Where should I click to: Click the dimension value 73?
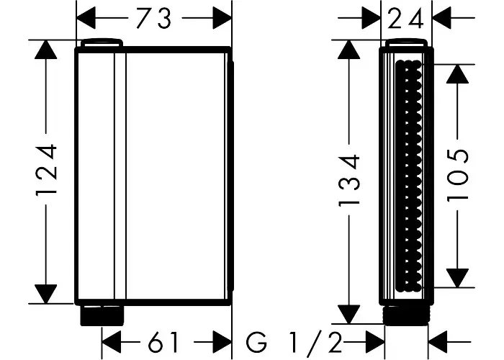click(x=153, y=18)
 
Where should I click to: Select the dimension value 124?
click(x=47, y=171)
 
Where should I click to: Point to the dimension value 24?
click(x=407, y=19)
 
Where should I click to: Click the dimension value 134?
click(x=349, y=180)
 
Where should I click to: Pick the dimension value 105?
click(x=458, y=175)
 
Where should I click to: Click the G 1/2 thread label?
click(x=293, y=343)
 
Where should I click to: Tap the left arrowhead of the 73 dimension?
click(x=86, y=18)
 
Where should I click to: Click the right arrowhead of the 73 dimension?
click(x=222, y=18)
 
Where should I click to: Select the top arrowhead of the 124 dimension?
click(x=46, y=50)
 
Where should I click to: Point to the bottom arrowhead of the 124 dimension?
click(x=46, y=294)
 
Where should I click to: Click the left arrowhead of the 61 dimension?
click(x=111, y=342)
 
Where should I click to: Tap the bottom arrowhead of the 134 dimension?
click(x=348, y=314)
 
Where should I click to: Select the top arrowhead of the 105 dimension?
click(x=457, y=74)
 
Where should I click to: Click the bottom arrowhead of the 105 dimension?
click(x=457, y=278)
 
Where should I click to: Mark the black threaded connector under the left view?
click(x=102, y=315)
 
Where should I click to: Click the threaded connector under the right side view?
click(x=406, y=315)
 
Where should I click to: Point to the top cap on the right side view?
click(x=406, y=43)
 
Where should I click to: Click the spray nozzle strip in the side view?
click(x=408, y=176)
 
